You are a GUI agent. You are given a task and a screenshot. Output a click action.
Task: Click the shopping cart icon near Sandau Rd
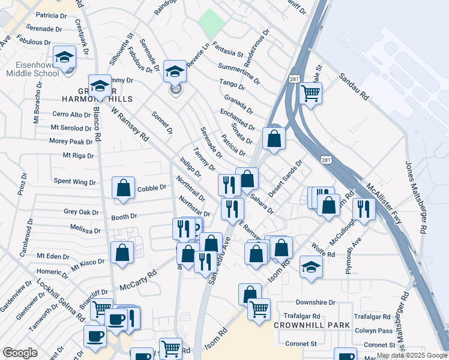click(310, 93)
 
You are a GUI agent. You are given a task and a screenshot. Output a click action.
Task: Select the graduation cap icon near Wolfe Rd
click(311, 266)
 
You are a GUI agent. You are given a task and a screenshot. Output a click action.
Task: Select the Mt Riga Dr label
click(78, 155)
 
